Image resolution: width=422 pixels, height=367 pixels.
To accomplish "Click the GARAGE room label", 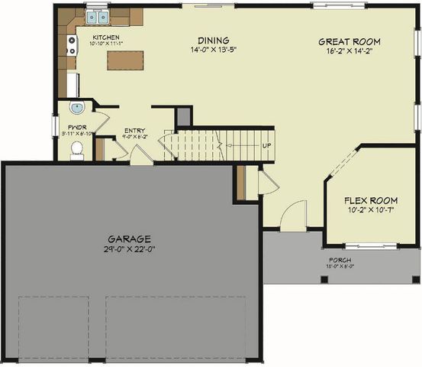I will [128, 238].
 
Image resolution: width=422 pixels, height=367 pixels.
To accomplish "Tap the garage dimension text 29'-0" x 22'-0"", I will [128, 248].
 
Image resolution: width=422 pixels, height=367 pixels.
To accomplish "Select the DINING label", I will [214, 41].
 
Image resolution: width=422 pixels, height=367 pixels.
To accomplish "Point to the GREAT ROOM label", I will [349, 41].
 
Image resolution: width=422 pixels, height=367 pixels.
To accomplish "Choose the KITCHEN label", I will [106, 36].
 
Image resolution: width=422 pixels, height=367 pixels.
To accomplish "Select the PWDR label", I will [76, 127].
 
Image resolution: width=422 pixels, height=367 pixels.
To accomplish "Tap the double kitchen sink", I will [97, 16].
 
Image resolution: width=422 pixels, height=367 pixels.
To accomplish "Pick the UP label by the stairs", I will [267, 146].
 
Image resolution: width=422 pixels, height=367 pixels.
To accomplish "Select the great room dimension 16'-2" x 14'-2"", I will [349, 52].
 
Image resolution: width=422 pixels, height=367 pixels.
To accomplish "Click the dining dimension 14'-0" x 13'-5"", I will [214, 51].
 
